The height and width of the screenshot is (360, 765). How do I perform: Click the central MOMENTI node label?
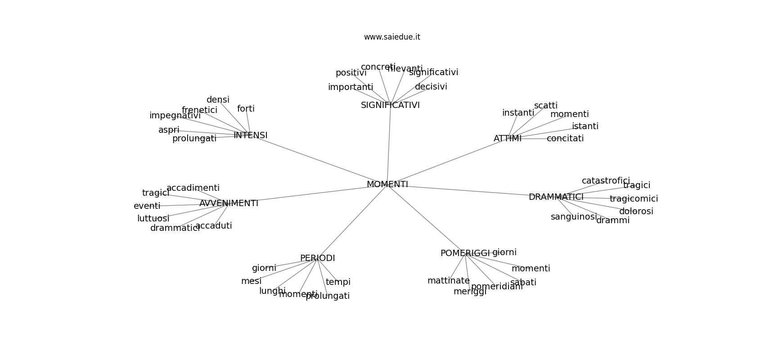coord(387,184)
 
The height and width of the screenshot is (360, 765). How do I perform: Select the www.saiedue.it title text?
coord(392,37)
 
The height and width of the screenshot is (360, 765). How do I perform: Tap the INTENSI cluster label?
coord(250,135)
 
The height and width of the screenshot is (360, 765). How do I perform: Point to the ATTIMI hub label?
coord(507,139)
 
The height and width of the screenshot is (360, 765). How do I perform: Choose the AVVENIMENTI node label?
coord(229,203)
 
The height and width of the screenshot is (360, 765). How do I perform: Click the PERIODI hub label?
coord(317,258)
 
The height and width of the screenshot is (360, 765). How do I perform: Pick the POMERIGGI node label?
coord(464,253)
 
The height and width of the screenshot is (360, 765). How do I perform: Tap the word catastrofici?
coord(606,181)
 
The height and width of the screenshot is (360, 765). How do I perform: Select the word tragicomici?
coord(634,199)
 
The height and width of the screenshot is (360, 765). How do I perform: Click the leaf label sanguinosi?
coord(573,217)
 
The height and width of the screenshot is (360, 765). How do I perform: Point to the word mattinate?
coord(448,281)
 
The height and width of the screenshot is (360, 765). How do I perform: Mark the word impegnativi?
coord(175,116)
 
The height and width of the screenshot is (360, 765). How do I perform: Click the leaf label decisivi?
coord(431,87)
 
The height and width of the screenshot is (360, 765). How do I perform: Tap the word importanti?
coord(350,87)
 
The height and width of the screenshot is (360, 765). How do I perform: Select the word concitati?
coord(565,139)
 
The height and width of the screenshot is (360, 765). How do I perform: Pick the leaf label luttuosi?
coord(153,219)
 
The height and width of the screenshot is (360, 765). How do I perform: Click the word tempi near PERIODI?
coord(338,282)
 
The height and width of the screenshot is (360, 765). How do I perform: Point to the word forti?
coord(246,109)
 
